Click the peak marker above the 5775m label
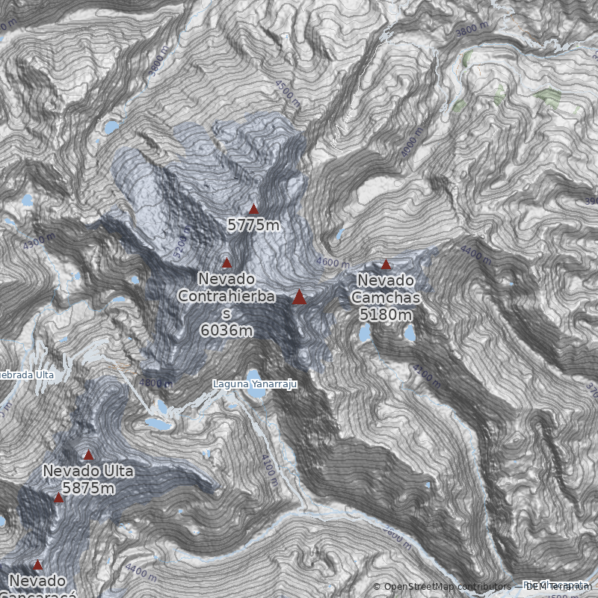click(x=253, y=209)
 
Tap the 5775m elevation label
click(x=253, y=224)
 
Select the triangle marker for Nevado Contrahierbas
click(x=226, y=262)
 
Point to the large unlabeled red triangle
click(x=299, y=298)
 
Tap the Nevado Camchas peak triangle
click(x=386, y=264)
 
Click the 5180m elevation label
click(x=386, y=315)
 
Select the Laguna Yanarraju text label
click(x=255, y=384)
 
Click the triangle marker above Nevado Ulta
click(x=88, y=454)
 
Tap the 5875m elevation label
click(x=88, y=488)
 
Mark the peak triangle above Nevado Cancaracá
click(x=37, y=565)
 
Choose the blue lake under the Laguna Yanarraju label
click(x=254, y=374)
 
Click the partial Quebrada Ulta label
click(x=27, y=374)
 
